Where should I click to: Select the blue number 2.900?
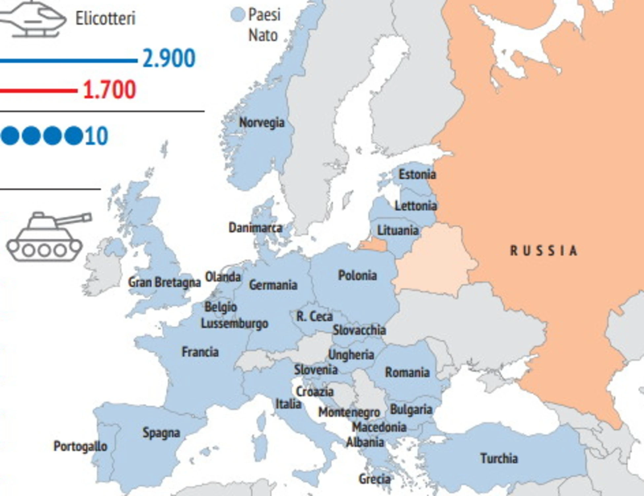169,59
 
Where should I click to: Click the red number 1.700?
109,90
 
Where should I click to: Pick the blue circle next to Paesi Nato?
237,15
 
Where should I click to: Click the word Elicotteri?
105,18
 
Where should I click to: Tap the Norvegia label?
262,123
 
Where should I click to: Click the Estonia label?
417,174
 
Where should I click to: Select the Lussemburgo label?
234,323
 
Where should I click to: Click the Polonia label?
357,275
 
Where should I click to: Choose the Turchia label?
499,459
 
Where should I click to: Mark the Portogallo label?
80,446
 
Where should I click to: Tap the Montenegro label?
349,412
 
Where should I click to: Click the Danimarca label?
255,228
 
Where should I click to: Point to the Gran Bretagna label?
164,282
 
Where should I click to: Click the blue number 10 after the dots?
96,136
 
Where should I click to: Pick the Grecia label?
374,479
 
